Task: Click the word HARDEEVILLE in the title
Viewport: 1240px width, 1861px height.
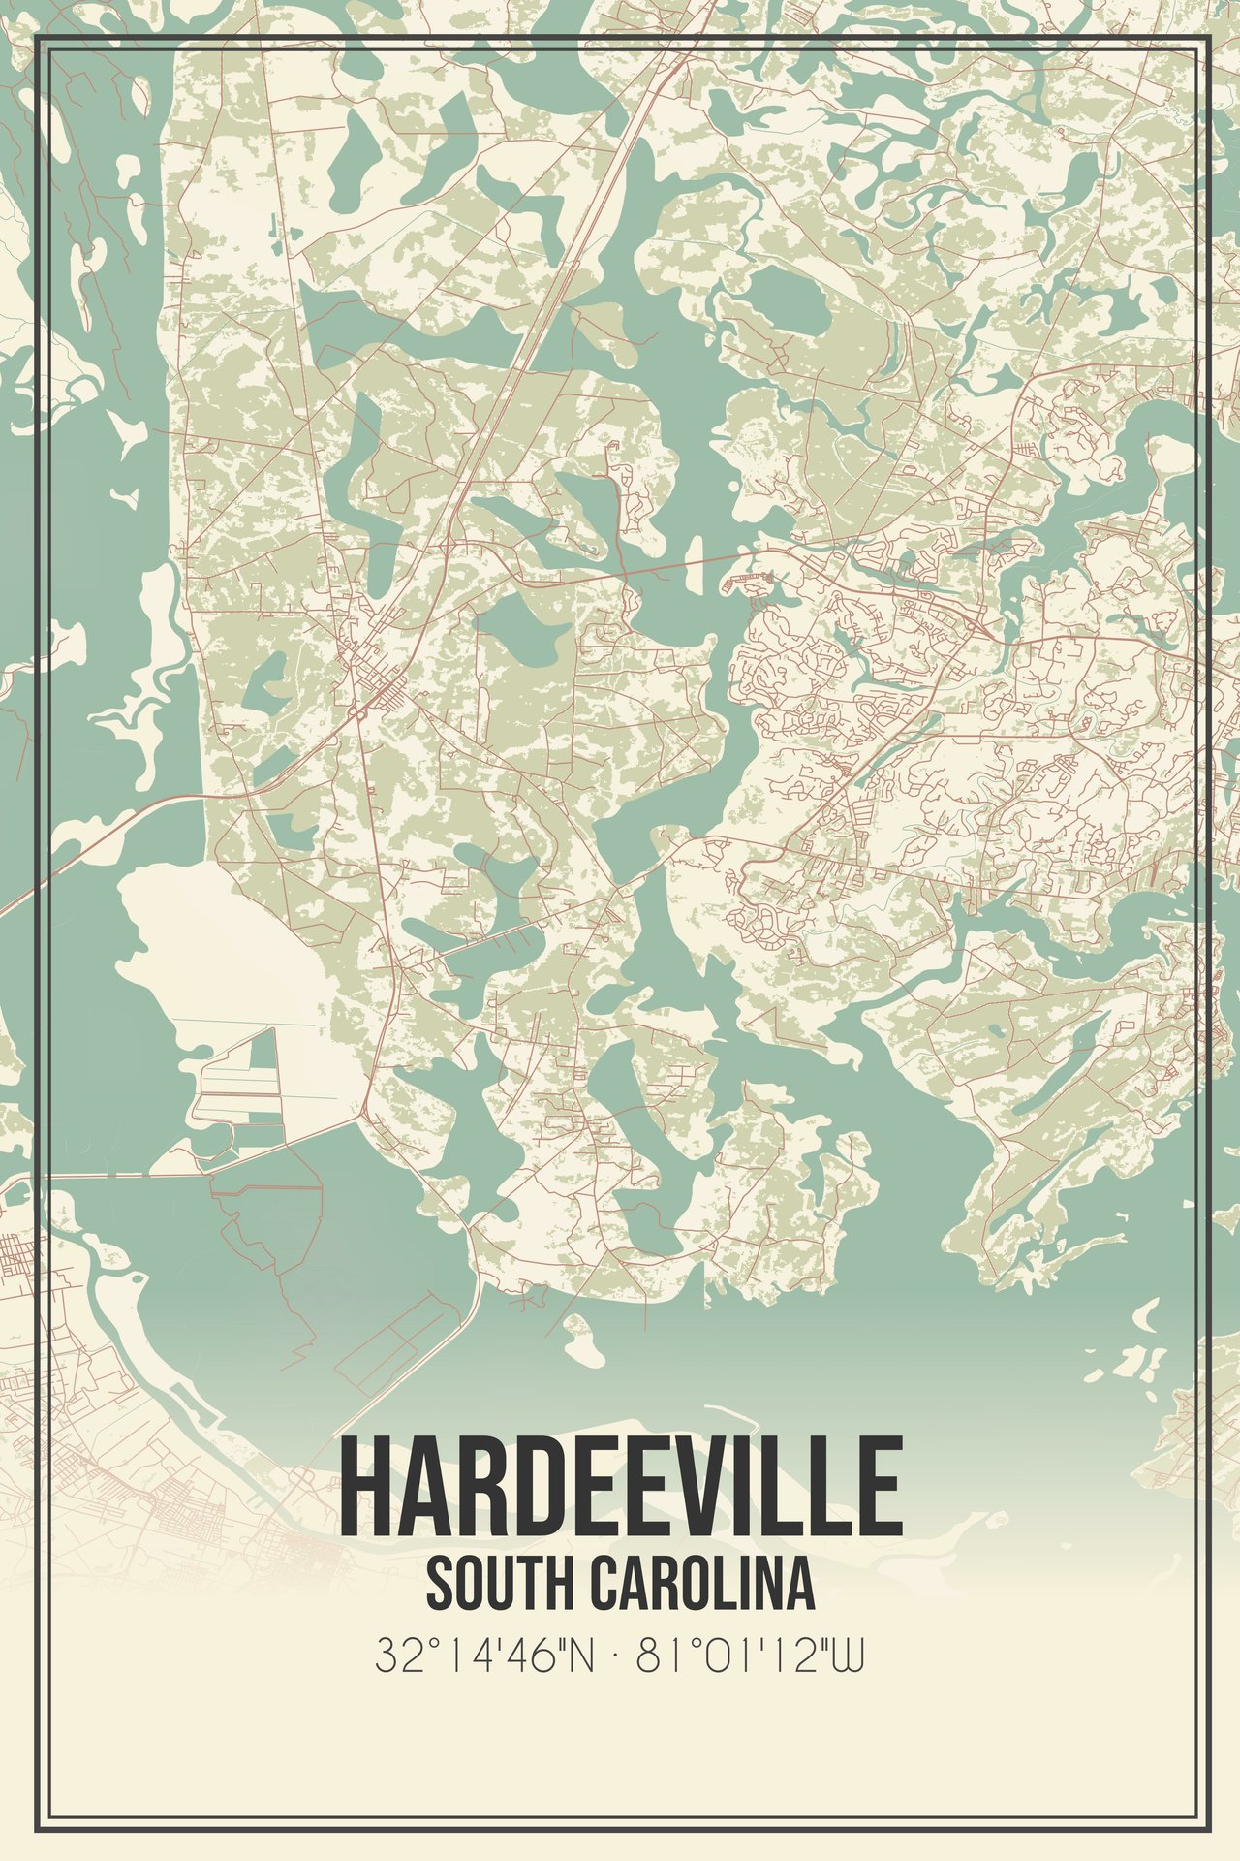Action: tap(620, 1486)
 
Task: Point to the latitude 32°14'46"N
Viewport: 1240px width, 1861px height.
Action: tap(483, 1656)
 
